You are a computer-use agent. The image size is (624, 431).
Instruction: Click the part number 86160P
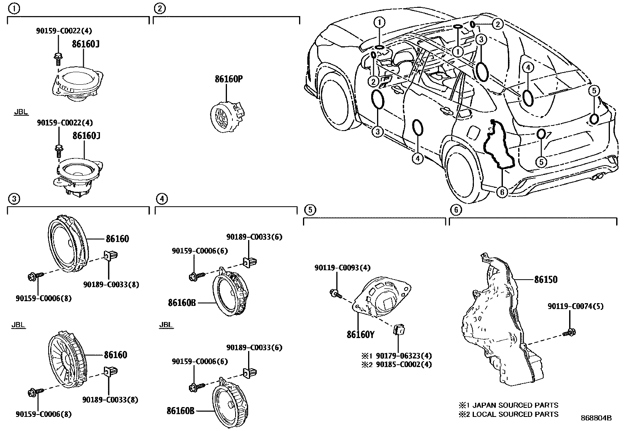click(229, 79)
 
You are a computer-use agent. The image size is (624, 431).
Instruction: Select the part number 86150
click(546, 280)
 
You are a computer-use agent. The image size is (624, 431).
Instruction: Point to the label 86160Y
click(360, 335)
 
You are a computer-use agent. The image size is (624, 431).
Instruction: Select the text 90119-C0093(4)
click(342, 268)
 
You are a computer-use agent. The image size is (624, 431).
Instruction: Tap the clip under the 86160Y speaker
click(399, 329)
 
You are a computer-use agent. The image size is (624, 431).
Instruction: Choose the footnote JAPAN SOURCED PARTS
click(514, 405)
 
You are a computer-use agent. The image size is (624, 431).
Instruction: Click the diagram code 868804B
click(596, 418)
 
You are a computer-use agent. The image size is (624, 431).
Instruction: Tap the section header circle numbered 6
click(456, 210)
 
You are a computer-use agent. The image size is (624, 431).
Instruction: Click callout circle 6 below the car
click(502, 192)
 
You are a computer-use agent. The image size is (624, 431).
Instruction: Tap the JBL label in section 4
click(166, 325)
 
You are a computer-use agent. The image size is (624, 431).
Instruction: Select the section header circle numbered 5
click(310, 210)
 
